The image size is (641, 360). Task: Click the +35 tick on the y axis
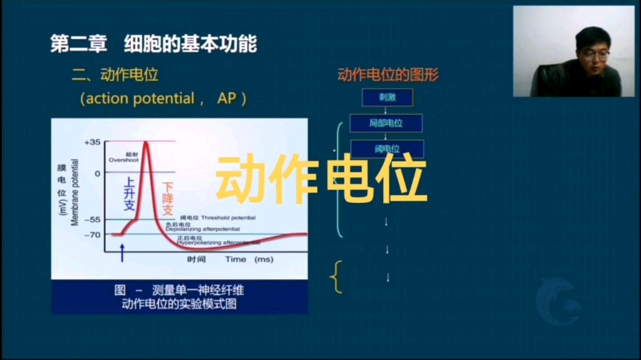(91, 142)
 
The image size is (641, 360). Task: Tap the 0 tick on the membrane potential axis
(97, 173)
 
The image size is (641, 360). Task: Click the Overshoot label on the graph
(123, 160)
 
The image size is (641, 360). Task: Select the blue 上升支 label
(129, 193)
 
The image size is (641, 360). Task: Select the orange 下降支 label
(167, 200)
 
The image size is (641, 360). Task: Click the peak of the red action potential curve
(146, 142)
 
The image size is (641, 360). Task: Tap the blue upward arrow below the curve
(122, 253)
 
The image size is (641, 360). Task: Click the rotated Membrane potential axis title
(75, 192)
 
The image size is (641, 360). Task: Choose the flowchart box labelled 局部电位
(386, 123)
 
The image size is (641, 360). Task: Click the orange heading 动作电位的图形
(388, 75)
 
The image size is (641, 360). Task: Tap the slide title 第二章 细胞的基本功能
(153, 44)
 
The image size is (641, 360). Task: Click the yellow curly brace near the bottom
(337, 277)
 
